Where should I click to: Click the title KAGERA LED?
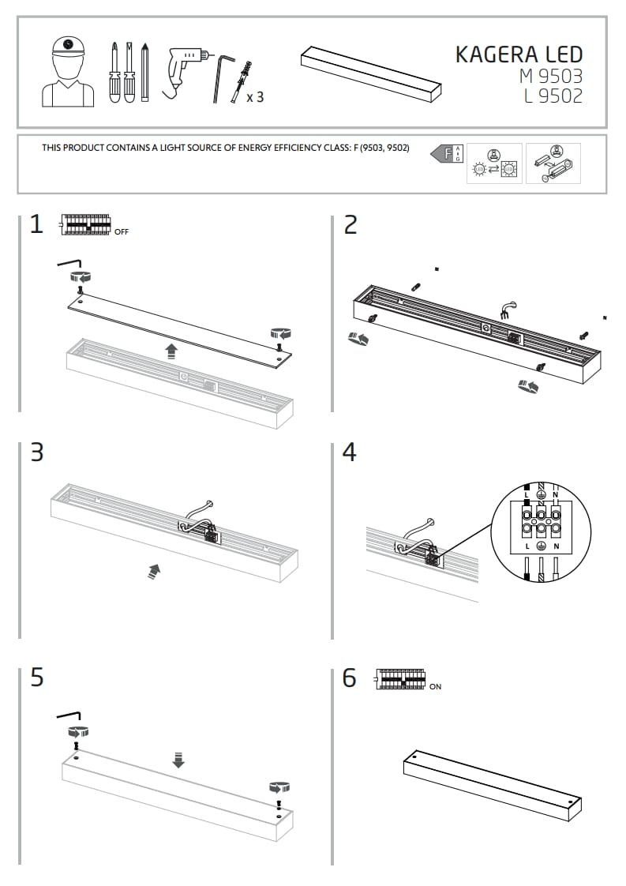click(519, 54)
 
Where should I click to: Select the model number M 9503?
click(550, 77)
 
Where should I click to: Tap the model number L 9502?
click(553, 96)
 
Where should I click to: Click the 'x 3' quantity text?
click(255, 98)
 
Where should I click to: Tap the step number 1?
click(36, 225)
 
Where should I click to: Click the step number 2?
click(350, 225)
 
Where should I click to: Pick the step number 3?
click(36, 452)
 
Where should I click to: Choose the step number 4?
click(350, 452)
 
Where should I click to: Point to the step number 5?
click(36, 678)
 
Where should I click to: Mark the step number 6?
click(350, 678)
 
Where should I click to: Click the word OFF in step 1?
click(121, 232)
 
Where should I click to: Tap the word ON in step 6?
click(435, 687)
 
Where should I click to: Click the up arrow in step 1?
click(172, 351)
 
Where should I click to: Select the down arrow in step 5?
click(178, 760)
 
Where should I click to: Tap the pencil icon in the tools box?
click(145, 72)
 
